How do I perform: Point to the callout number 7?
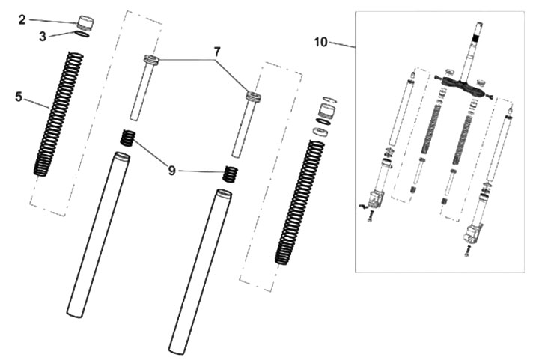[216, 52]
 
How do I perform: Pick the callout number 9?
[172, 171]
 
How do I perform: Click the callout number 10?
[321, 42]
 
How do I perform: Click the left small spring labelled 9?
[127, 138]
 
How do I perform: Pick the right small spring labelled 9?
[231, 174]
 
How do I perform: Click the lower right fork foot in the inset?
[471, 234]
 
